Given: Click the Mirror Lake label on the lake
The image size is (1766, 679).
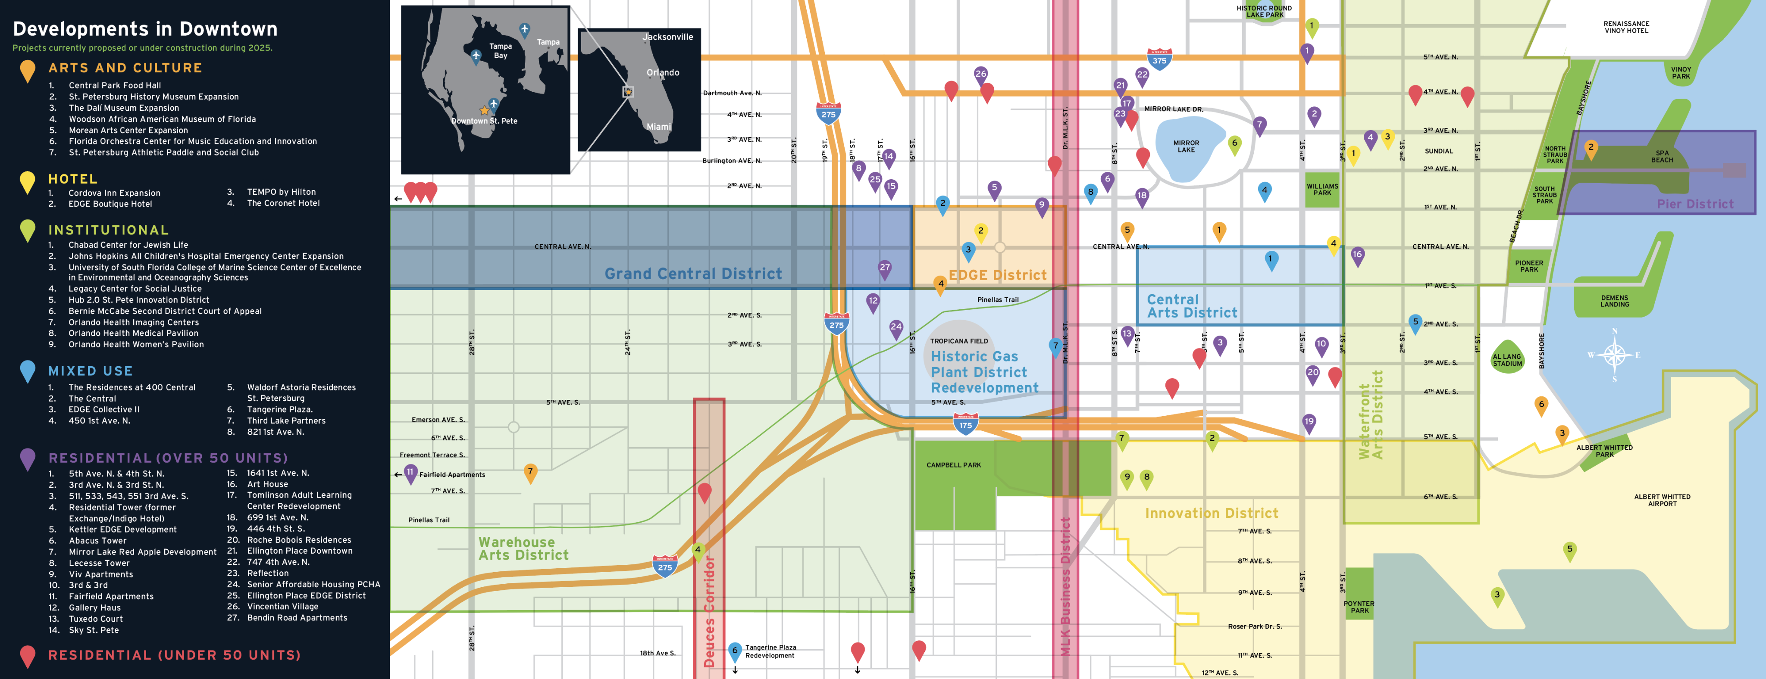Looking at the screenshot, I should pyautogui.click(x=1186, y=146).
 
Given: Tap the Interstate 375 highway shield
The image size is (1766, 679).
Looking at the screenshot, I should pyautogui.click(x=1159, y=59).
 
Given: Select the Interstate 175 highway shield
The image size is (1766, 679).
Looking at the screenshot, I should pyautogui.click(x=965, y=424).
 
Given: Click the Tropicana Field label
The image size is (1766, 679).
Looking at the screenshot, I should pyautogui.click(x=958, y=340).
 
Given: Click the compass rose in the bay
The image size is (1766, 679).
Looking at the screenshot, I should pyautogui.click(x=1615, y=355).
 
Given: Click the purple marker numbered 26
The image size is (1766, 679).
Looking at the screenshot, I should pyautogui.click(x=981, y=75).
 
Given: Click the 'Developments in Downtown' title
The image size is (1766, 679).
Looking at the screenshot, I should pyautogui.click(x=145, y=29).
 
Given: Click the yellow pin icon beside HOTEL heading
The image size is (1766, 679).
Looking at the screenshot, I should pyautogui.click(x=28, y=182).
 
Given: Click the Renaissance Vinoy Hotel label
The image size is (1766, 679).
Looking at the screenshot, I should pyautogui.click(x=1626, y=27).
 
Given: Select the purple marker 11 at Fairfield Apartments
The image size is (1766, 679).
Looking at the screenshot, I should pyautogui.click(x=410, y=473).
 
